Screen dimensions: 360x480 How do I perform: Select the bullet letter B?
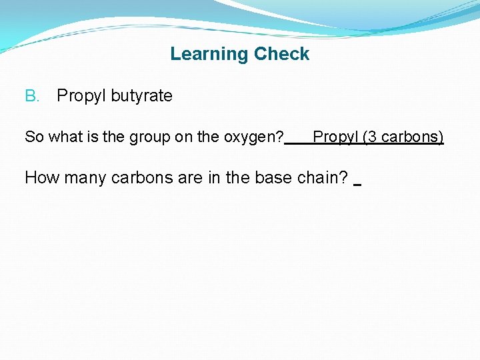[x=32, y=96]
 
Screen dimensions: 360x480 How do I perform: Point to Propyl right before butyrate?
[x=81, y=96]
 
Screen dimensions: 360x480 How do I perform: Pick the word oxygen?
[x=257, y=137]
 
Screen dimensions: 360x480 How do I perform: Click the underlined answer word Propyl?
[x=335, y=137]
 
